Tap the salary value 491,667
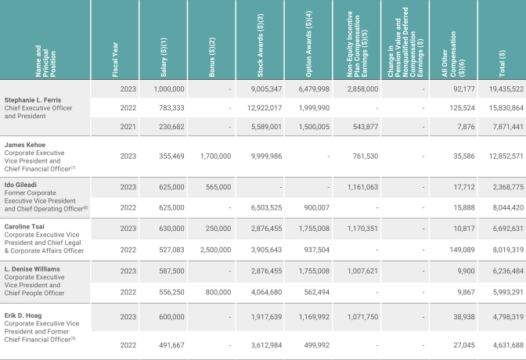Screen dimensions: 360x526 point(171,341)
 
